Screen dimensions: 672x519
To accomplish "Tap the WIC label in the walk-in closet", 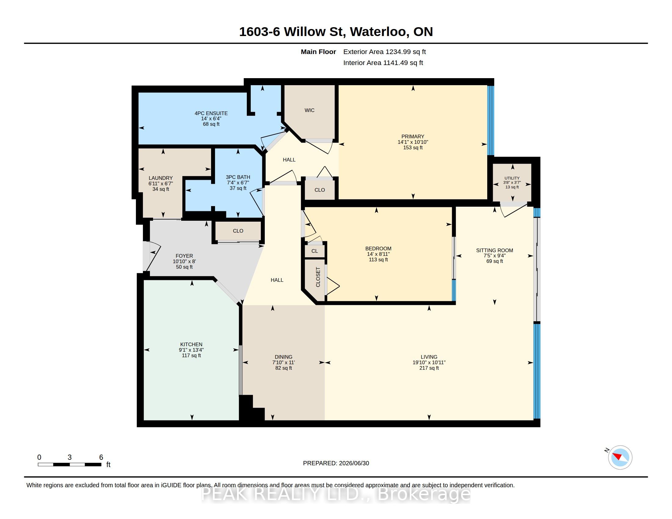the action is click(x=309, y=111).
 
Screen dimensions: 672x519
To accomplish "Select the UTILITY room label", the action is click(x=512, y=178).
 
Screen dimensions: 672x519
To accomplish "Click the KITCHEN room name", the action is click(x=191, y=344).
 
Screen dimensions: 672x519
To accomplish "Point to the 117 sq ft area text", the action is click(x=191, y=355).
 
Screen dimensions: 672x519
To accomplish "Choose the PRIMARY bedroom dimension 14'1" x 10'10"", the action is click(x=413, y=142).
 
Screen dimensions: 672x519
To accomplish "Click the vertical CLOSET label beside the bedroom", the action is click(x=318, y=277).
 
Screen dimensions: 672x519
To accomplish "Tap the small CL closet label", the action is click(x=314, y=251).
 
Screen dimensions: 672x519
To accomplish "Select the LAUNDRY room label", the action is click(x=161, y=178).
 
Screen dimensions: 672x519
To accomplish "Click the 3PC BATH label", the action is click(x=238, y=177).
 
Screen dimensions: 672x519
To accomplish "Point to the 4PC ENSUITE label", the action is click(x=211, y=113).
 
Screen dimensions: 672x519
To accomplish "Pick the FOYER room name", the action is click(x=184, y=256).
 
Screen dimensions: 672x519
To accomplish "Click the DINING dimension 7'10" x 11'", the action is click(x=283, y=362).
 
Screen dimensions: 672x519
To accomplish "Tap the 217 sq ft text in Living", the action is click(x=429, y=368).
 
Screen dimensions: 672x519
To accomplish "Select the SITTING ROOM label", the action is click(x=495, y=250).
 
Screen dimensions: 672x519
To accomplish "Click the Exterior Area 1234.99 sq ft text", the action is click(x=385, y=52).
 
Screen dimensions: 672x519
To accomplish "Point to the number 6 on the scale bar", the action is click(x=101, y=457).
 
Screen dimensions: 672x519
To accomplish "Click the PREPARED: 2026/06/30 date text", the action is click(x=336, y=463).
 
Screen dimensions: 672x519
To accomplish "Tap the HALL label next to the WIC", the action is click(x=289, y=160).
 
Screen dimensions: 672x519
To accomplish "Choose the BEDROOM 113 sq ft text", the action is click(x=378, y=259).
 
